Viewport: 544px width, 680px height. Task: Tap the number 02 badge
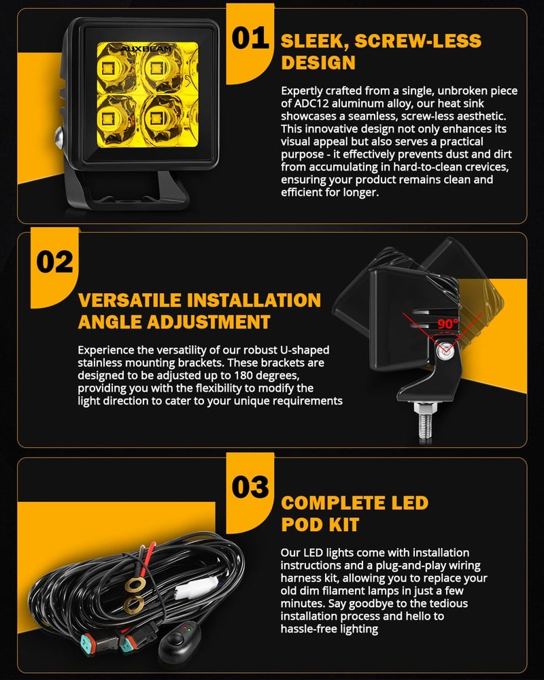point(54,262)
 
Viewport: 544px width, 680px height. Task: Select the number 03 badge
point(251,487)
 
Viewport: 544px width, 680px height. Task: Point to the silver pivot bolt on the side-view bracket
point(447,352)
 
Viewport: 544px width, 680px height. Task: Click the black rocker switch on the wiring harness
point(180,641)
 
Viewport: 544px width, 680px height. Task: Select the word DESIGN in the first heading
point(318,63)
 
